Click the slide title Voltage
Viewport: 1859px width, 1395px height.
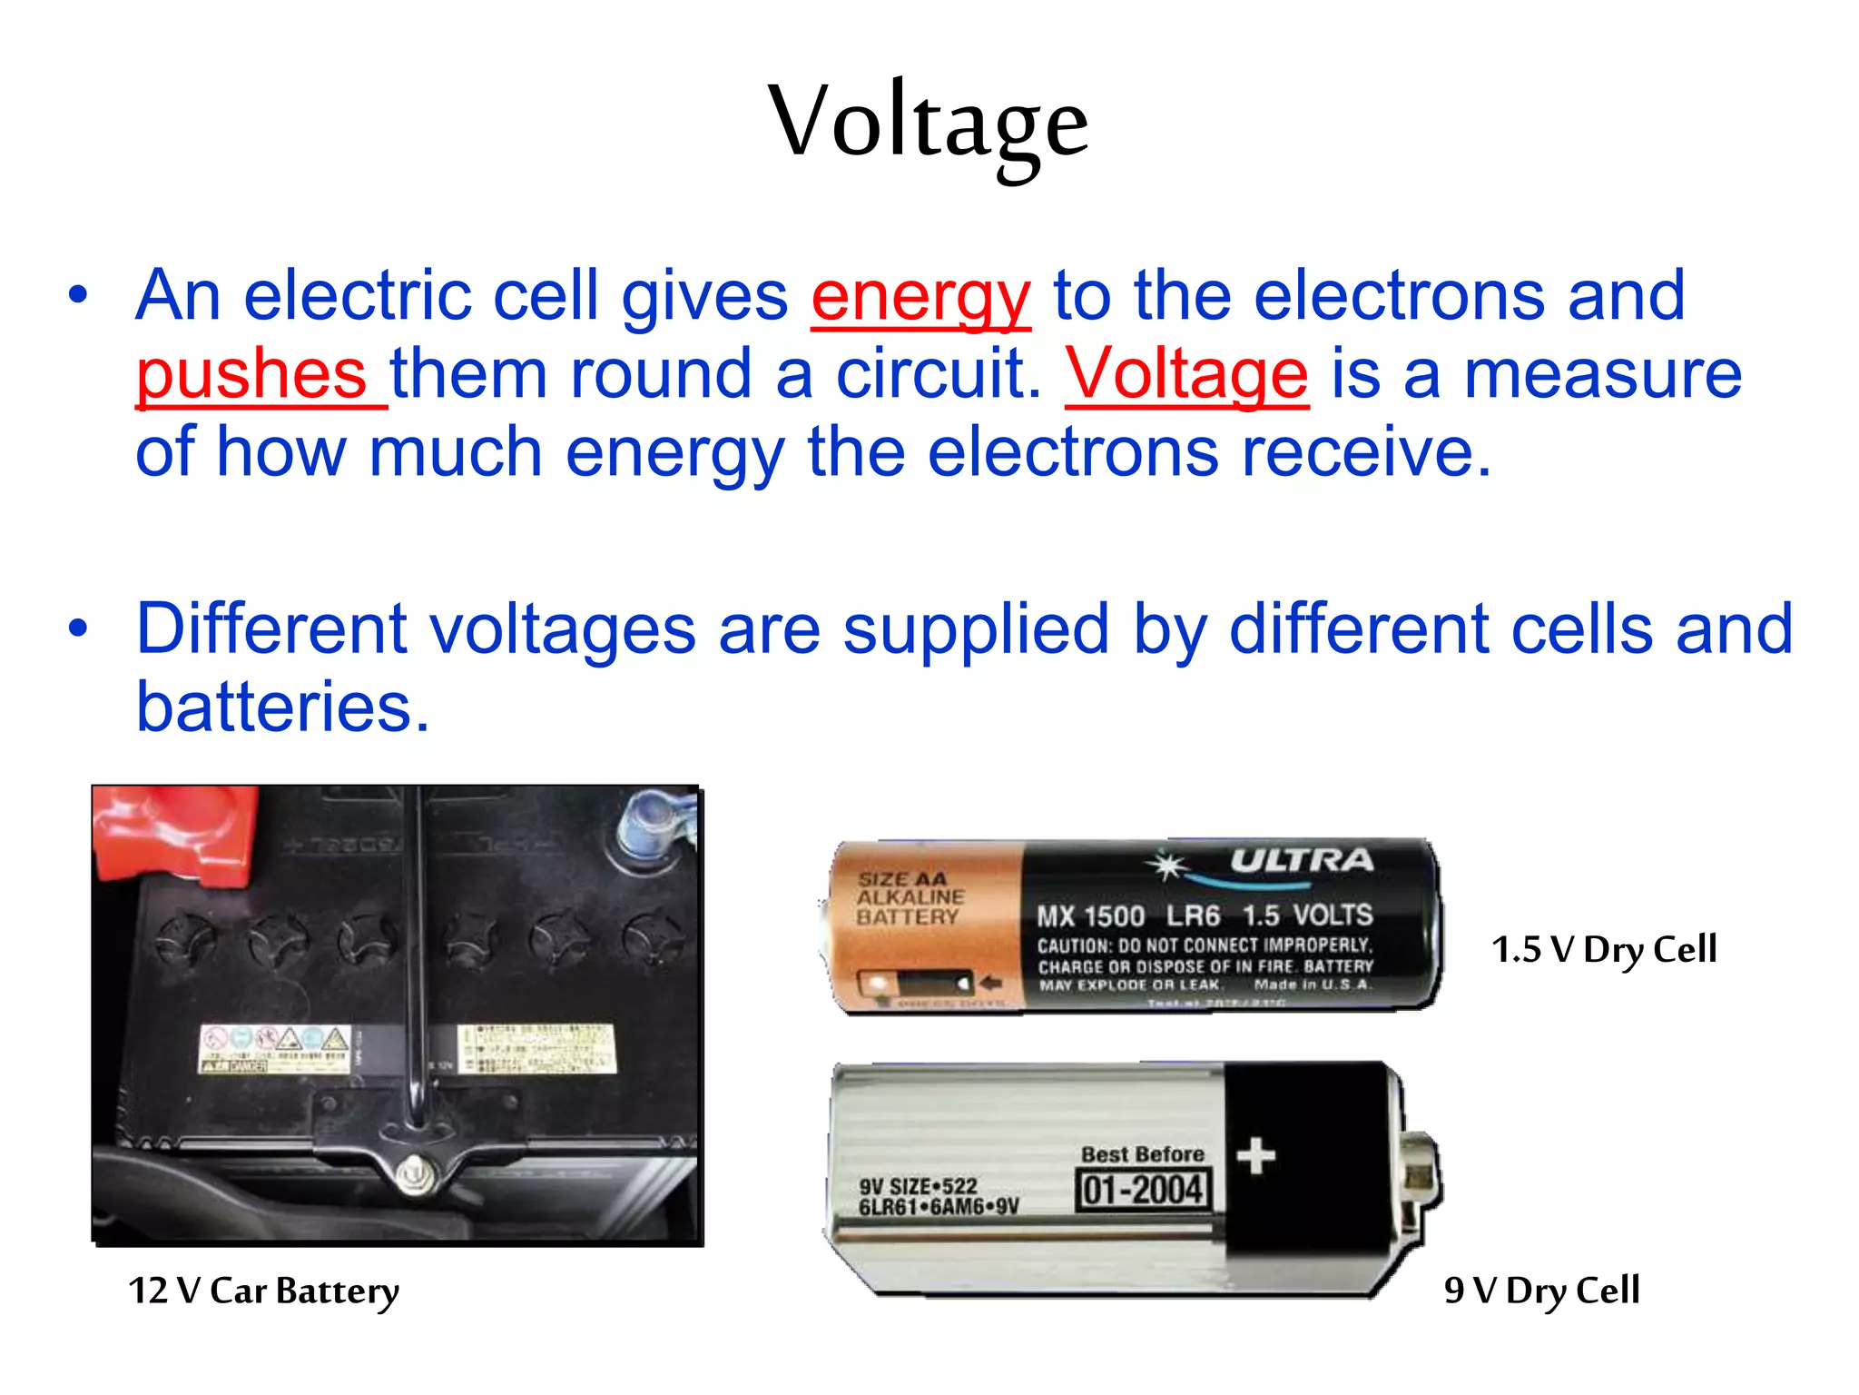928,123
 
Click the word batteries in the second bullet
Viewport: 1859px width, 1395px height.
282,707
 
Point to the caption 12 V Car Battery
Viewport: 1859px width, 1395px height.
263,1291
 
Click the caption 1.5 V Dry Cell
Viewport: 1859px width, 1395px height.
1604,950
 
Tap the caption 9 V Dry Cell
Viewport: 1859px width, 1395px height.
1541,1291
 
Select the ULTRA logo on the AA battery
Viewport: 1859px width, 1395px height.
1301,860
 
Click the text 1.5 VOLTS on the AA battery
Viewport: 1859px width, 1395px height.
1307,915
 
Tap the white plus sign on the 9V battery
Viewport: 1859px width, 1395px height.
1256,1156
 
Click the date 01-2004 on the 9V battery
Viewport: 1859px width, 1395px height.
1144,1190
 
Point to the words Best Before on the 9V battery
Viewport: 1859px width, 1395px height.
1143,1154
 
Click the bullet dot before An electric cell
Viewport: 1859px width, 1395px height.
79,295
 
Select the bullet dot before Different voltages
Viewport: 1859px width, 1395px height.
79,628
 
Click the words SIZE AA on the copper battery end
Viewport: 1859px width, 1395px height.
902,879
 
